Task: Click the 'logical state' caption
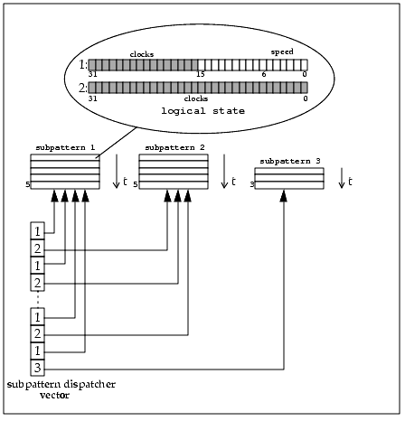(x=202, y=111)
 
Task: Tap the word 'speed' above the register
(x=282, y=52)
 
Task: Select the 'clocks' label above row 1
(x=142, y=54)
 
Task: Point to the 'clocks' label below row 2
(x=196, y=98)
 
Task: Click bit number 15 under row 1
(x=201, y=74)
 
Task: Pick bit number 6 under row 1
(x=264, y=74)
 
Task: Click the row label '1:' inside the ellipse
(x=83, y=65)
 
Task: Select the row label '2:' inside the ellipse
(x=83, y=88)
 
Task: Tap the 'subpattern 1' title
(x=65, y=148)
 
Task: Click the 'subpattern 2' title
(x=174, y=148)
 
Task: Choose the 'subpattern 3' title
(x=290, y=162)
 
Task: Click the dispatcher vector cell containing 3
(x=37, y=368)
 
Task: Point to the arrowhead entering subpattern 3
(x=284, y=196)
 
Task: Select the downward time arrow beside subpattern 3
(x=342, y=178)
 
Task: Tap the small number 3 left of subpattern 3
(x=252, y=184)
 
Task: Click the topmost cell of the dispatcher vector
(x=37, y=231)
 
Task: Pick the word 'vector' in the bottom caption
(x=54, y=395)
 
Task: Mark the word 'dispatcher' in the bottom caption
(x=89, y=385)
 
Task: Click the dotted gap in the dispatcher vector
(x=38, y=299)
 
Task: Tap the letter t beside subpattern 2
(x=233, y=182)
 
